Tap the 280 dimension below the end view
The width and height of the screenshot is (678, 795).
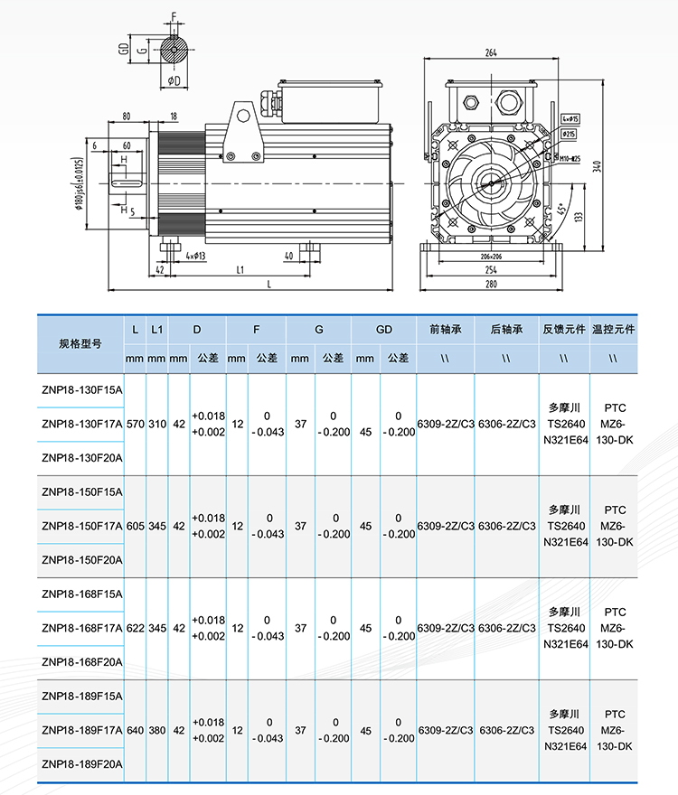pyautogui.click(x=490, y=285)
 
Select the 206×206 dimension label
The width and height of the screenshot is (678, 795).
pyautogui.click(x=490, y=257)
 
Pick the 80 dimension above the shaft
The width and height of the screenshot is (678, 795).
pyautogui.click(x=126, y=116)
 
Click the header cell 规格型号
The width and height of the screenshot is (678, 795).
pyautogui.click(x=80, y=344)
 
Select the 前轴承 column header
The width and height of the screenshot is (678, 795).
pyautogui.click(x=445, y=330)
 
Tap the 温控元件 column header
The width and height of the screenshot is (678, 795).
pyautogui.click(x=614, y=330)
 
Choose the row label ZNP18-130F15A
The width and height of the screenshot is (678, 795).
pyautogui.click(x=80, y=390)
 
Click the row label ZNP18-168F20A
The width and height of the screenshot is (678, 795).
pyautogui.click(x=80, y=661)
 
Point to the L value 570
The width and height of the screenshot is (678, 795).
pyautogui.click(x=135, y=423)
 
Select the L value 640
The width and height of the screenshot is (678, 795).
pyautogui.click(x=135, y=730)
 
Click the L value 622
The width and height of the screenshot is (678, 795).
pyautogui.click(x=135, y=627)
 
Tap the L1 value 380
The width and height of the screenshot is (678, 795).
pyautogui.click(x=157, y=730)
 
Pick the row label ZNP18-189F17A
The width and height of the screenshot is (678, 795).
pyautogui.click(x=80, y=730)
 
